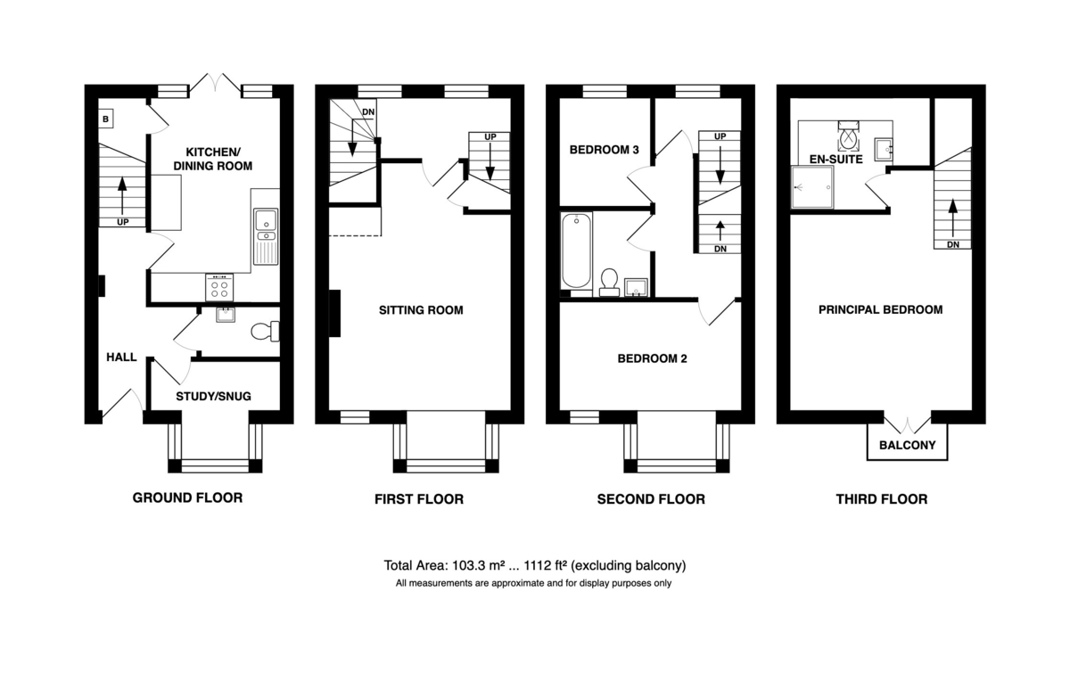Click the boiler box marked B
point(106,119)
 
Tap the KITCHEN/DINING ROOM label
point(212,159)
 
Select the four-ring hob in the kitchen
point(219,287)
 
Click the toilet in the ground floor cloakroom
point(265,332)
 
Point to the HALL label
point(121,357)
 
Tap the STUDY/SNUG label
point(213,397)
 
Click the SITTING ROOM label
point(421,310)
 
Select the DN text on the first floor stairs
point(368,112)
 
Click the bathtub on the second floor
point(577,251)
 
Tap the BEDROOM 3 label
point(605,150)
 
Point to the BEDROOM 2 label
point(652,358)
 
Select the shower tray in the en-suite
point(813,187)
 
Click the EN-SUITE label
point(836,160)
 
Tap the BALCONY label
point(907,445)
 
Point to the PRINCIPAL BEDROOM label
point(880,310)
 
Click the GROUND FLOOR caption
point(187,498)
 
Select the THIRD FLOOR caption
point(881,499)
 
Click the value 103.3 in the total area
point(469,566)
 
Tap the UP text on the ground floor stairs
point(123,222)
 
